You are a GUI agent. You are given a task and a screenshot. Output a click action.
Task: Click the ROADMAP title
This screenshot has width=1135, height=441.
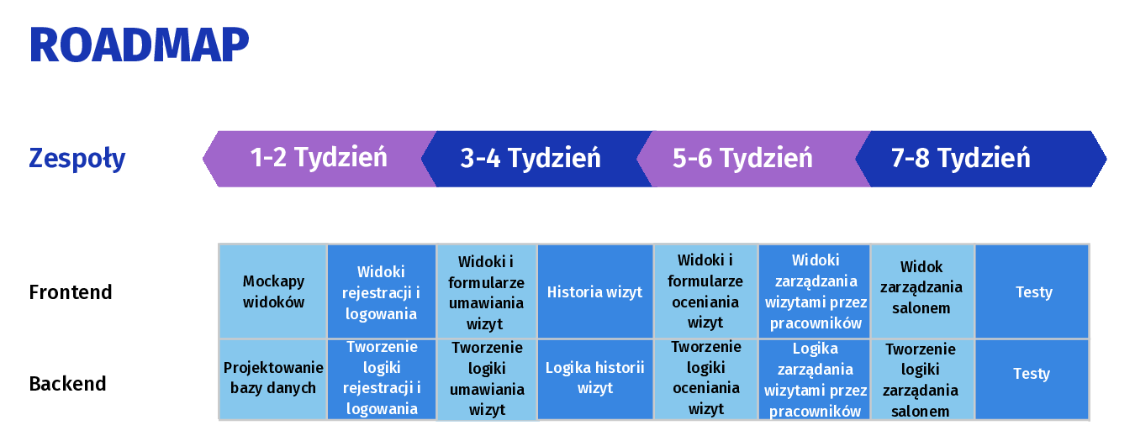point(140,45)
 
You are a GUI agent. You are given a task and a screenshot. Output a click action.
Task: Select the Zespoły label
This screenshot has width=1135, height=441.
point(77,159)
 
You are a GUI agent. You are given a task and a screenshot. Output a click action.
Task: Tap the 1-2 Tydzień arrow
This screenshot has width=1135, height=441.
point(319,159)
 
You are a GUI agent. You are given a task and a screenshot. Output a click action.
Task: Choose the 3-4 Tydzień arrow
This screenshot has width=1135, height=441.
point(536,159)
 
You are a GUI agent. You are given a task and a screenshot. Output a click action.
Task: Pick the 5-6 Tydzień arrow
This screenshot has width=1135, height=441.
point(753,159)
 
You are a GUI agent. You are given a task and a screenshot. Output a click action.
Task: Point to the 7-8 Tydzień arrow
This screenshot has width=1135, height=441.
point(981,159)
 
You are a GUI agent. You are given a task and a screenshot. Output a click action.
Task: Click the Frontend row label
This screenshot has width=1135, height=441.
point(71,292)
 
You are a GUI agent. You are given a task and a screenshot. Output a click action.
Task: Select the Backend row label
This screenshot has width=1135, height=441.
point(68,384)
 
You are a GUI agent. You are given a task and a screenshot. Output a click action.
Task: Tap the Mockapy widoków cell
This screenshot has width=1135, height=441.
point(273,291)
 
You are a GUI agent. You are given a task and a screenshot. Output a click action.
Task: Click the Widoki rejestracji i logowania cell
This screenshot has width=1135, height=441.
point(382,291)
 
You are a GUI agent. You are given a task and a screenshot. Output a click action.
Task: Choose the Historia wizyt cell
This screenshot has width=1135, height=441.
point(595,291)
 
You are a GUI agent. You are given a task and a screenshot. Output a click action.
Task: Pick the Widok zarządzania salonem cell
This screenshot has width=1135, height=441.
point(922,291)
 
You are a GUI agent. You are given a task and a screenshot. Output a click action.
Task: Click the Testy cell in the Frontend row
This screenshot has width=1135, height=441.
point(1032,291)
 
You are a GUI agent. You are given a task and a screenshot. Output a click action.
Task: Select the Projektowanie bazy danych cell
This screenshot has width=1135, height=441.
point(273,379)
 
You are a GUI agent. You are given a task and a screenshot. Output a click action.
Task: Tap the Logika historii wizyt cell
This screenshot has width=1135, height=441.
point(595,379)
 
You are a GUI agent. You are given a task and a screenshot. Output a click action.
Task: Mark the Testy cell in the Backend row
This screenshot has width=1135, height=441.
point(1032,379)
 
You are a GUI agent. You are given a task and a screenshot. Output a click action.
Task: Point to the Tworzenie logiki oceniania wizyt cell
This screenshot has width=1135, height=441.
point(706,379)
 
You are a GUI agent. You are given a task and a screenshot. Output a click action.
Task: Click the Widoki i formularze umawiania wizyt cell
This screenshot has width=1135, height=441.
point(487,291)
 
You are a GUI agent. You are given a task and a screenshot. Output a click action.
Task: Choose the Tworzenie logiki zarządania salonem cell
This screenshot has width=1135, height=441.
point(922,379)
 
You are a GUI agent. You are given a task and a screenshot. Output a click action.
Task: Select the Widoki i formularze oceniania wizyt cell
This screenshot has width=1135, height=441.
point(706,291)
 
